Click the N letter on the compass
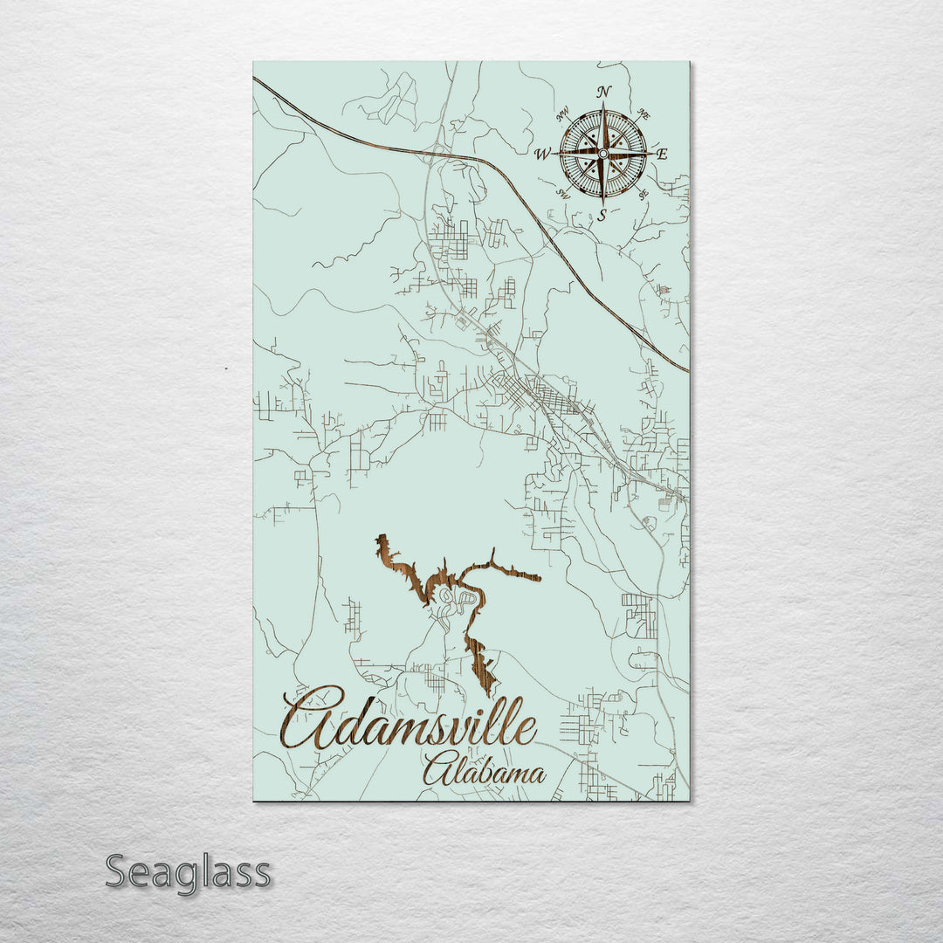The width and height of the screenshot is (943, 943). coord(603,92)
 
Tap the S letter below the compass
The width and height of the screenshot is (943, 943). coord(602,217)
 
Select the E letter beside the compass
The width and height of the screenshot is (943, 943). coord(662,155)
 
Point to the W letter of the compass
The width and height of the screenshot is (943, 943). coord(541,155)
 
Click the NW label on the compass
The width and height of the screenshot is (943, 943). coord(563,111)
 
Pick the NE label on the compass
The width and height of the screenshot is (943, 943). coord(644,114)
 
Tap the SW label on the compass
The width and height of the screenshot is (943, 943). coord(563,194)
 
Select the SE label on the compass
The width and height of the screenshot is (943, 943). coord(643,195)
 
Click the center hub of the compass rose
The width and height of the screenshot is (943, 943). coord(602,155)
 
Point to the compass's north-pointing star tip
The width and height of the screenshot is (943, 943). coord(602,107)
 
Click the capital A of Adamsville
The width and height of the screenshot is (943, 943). coord(310,719)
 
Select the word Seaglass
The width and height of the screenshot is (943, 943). coord(188,873)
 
